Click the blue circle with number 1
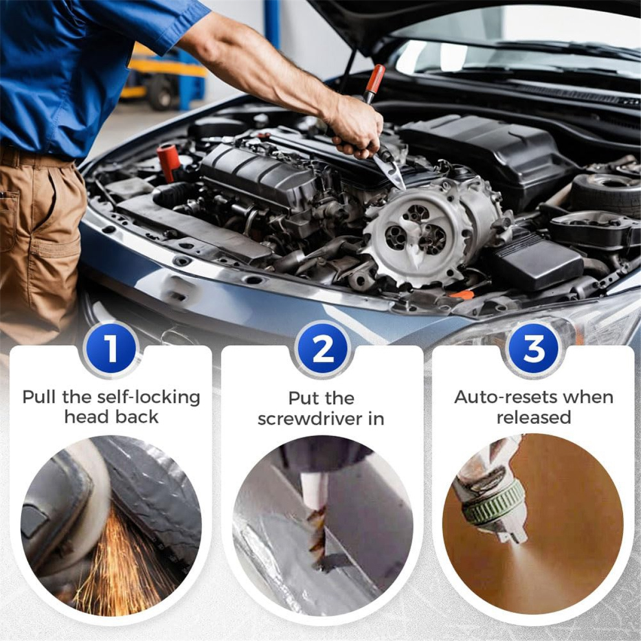111,349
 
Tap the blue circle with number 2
323,349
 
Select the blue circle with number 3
534,349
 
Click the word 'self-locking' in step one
148,398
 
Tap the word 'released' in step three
534,418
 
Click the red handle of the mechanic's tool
374,79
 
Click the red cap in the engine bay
168,162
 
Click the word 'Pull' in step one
39,397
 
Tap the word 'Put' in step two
303,398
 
